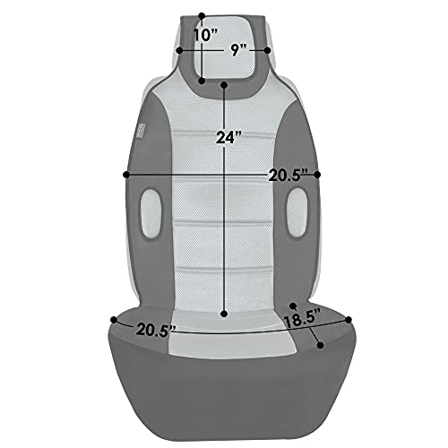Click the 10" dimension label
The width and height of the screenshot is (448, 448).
(x=206, y=34)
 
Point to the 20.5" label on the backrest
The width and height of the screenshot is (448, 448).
(x=288, y=176)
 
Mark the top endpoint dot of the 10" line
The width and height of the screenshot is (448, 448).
(x=202, y=15)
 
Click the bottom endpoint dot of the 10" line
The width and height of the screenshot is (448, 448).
(x=202, y=81)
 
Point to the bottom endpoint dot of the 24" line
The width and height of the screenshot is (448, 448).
(x=224, y=314)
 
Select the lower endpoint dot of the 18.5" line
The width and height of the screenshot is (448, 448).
(x=322, y=344)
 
